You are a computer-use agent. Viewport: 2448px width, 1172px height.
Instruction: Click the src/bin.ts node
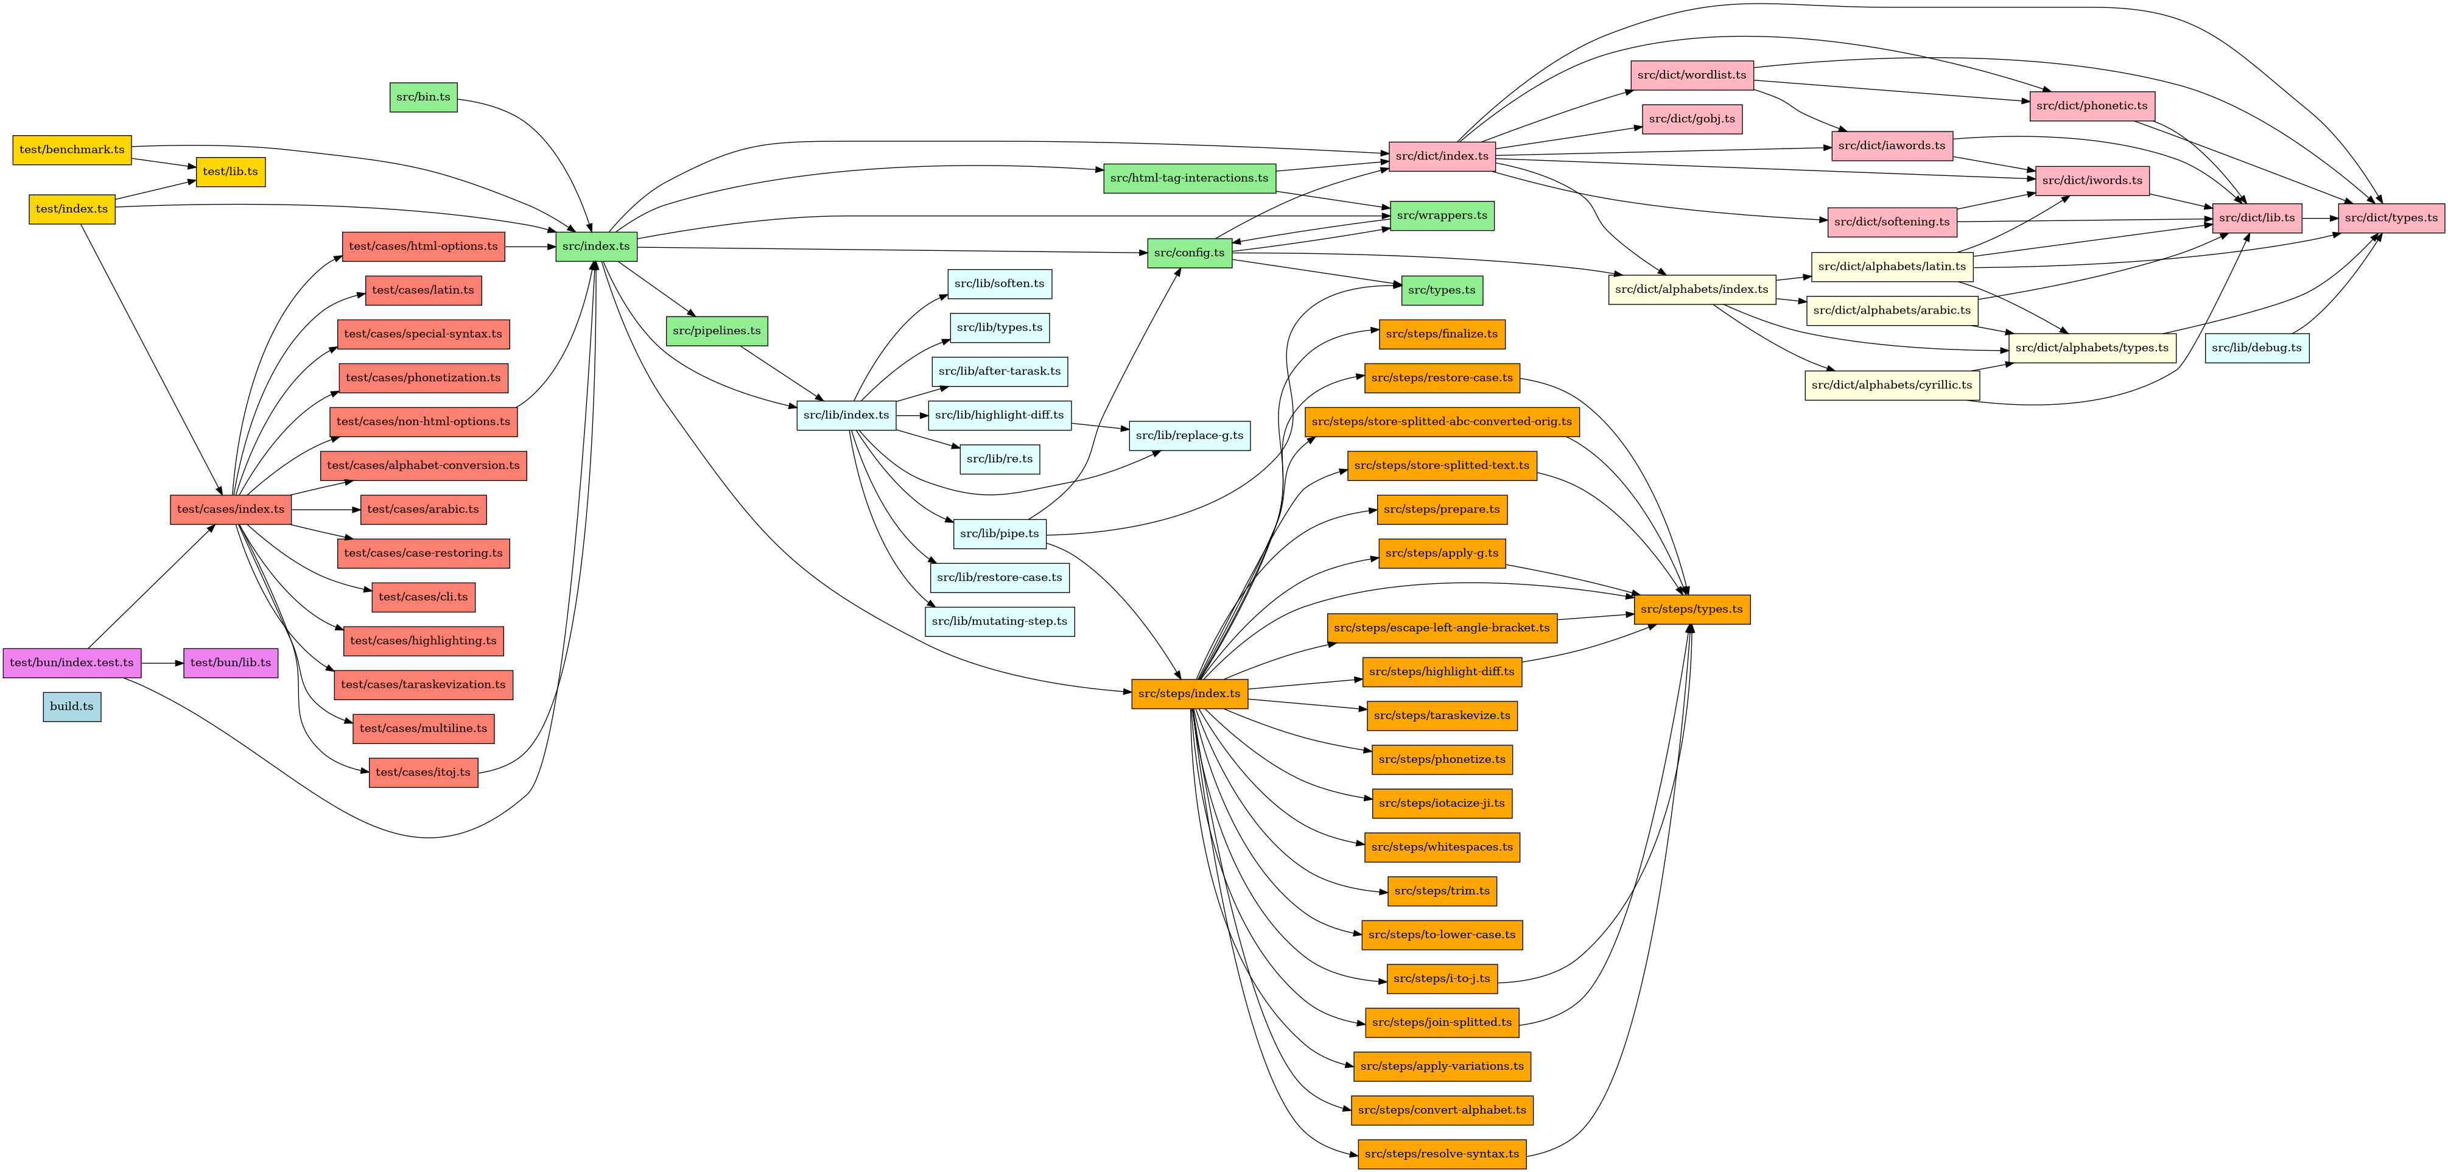click(423, 97)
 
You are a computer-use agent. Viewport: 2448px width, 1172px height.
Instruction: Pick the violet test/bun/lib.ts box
click(230, 662)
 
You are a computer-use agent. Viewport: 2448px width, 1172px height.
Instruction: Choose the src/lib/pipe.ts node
click(999, 533)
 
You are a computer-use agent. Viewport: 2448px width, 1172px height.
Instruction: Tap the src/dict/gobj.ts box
click(1691, 119)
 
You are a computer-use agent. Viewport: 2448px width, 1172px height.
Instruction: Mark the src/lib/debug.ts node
click(2256, 348)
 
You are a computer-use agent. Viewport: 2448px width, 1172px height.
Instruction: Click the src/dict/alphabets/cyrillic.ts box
click(1890, 385)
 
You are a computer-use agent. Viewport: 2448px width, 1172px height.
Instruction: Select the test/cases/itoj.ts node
click(423, 772)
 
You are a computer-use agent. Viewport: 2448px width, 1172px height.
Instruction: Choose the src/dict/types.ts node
click(2390, 218)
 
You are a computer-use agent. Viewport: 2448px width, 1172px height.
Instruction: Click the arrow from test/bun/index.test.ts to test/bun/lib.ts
click(161, 662)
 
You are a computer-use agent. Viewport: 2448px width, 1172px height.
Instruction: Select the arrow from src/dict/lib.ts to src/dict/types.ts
click(2320, 218)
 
